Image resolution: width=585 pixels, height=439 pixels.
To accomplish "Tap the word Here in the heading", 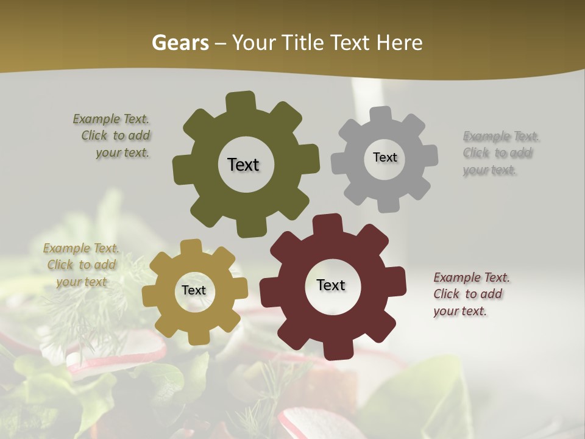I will click(400, 43).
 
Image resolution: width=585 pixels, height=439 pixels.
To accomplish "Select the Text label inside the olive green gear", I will click(243, 165).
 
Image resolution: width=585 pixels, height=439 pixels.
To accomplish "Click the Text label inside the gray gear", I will click(385, 157).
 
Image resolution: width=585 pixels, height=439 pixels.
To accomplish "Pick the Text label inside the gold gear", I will click(194, 291).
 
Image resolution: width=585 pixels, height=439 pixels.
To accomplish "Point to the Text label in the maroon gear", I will click(331, 285).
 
